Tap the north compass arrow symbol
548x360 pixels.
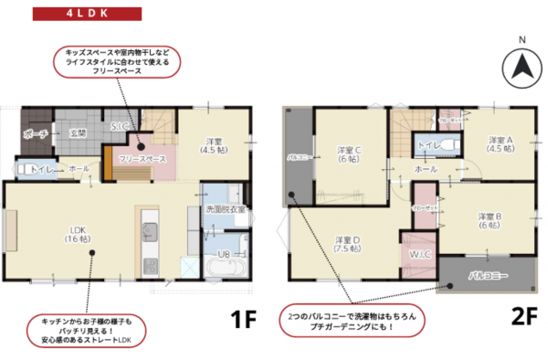(521, 67)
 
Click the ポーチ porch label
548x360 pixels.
(35, 134)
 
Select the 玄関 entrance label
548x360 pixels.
(78, 134)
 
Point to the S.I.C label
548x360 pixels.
(119, 125)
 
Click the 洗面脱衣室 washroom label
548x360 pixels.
(225, 209)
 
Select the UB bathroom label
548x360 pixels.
(224, 253)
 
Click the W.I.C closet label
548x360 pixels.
(421, 253)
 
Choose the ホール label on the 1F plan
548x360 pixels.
(79, 169)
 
